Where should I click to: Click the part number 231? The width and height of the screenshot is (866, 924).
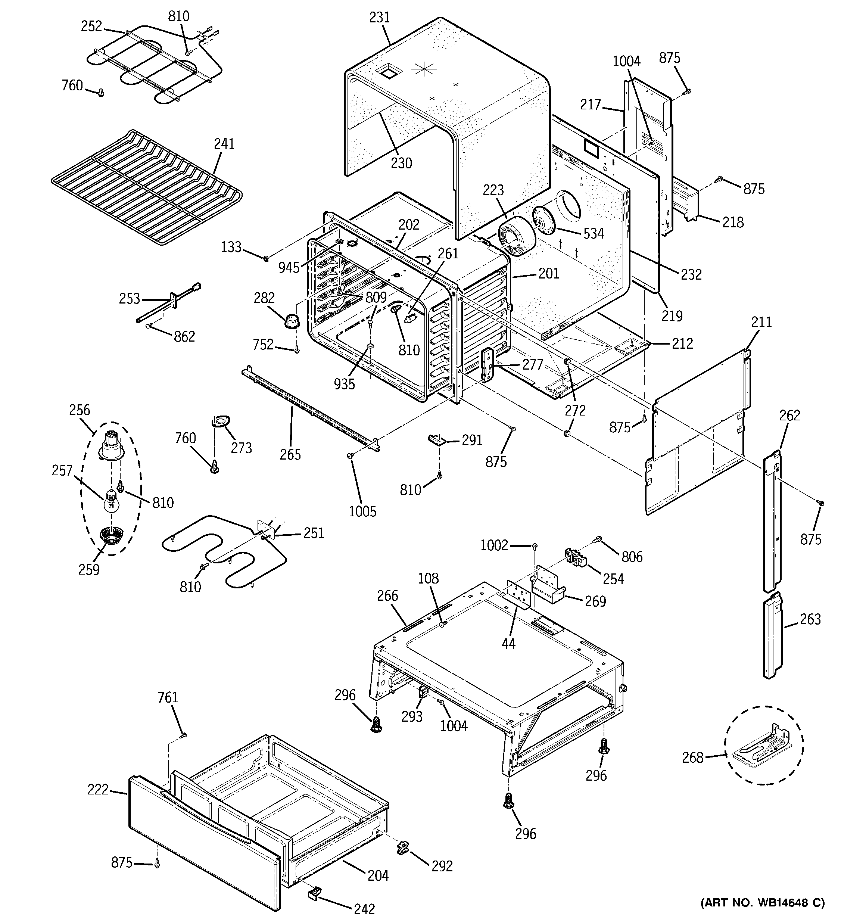point(379,18)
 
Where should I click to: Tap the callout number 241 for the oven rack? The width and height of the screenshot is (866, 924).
point(224,144)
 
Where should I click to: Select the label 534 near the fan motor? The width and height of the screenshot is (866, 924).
point(593,233)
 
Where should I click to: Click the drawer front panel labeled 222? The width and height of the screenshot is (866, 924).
point(200,841)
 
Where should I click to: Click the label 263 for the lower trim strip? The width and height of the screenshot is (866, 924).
point(810,619)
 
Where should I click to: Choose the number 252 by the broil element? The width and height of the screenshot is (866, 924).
point(91,26)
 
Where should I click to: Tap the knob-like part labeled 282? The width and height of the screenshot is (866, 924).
point(292,320)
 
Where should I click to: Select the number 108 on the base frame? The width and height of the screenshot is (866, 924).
point(428,578)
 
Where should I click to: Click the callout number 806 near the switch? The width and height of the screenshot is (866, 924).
point(632,556)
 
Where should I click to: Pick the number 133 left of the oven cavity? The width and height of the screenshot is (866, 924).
point(231,247)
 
